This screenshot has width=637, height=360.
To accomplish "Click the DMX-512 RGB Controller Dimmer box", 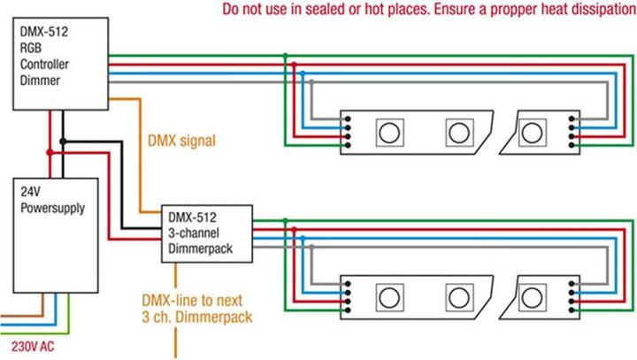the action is pyautogui.click(x=60, y=64).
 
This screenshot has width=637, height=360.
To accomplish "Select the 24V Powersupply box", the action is pyautogui.click(x=56, y=235).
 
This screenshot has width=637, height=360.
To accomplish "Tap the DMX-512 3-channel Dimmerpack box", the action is pyautogui.click(x=207, y=234).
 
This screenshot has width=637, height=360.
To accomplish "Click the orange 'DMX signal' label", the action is pyautogui.click(x=181, y=141).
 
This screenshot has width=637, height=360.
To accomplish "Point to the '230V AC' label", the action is pyautogui.click(x=33, y=347).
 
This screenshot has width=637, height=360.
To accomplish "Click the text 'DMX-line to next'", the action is pyautogui.click(x=192, y=301).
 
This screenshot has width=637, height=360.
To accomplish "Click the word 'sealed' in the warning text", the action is pyautogui.click(x=325, y=9).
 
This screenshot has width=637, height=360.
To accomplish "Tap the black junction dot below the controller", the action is pyautogui.click(x=63, y=142).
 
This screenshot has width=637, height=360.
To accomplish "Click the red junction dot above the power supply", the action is pyautogui.click(x=50, y=153).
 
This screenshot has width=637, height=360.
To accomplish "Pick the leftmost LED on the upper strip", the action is pyautogui.click(x=389, y=133).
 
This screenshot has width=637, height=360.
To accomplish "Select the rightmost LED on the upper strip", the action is pyautogui.click(x=533, y=133).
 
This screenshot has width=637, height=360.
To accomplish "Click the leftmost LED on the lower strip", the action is pyautogui.click(x=389, y=298).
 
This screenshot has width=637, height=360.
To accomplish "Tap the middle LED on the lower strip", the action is pyautogui.click(x=459, y=298).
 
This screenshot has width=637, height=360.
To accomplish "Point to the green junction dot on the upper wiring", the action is pyautogui.click(x=285, y=55).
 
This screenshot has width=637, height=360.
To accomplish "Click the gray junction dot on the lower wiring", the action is pyautogui.click(x=311, y=247).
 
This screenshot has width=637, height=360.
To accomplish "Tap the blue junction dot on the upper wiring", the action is pyautogui.click(x=303, y=73).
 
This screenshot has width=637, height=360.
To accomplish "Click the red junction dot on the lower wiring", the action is pyautogui.click(x=294, y=230).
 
